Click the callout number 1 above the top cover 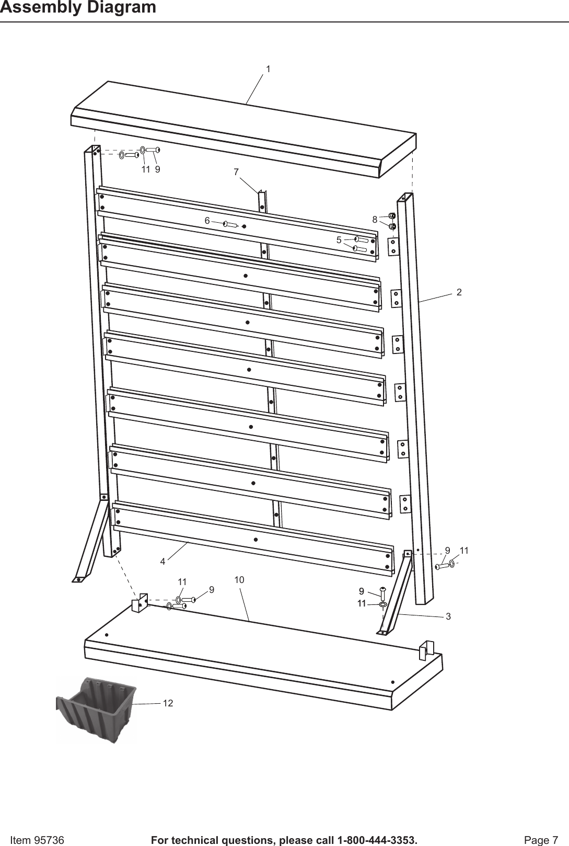coord(268,69)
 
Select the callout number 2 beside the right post coord(459,292)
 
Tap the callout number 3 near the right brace coord(448,617)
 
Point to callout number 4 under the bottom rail coord(163,562)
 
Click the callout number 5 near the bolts coord(339,240)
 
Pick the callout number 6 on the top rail coord(207,221)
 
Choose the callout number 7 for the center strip coord(236,172)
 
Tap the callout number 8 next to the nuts coord(375,219)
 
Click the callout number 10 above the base coord(239,580)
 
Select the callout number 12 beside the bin coord(168,703)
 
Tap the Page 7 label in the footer coord(541,826)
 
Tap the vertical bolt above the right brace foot coord(382,593)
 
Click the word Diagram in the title coord(119,7)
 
